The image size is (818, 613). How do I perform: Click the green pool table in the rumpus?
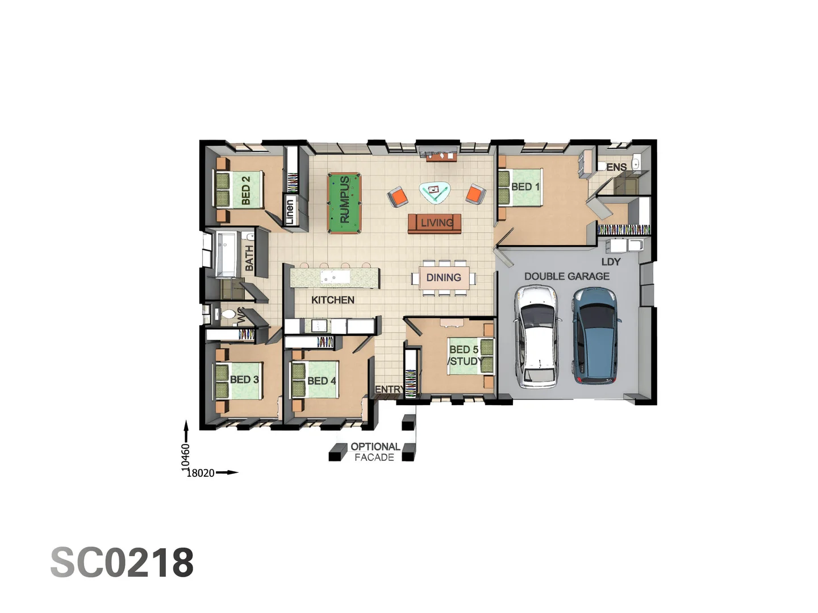tap(344, 203)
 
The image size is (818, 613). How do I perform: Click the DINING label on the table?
tap(444, 278)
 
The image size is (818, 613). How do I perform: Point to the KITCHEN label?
tap(333, 300)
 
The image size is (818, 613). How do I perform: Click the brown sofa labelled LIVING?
tap(435, 223)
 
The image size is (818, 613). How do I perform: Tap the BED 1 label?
tap(525, 187)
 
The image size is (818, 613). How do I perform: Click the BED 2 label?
tap(245, 190)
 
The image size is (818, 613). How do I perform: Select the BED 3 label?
tap(244, 379)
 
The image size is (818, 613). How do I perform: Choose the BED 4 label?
tap(322, 381)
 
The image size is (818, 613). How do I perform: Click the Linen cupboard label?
tap(290, 212)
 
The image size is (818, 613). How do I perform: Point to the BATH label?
tap(249, 258)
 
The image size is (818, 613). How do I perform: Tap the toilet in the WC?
tap(228, 315)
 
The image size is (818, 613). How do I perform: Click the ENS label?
tap(616, 167)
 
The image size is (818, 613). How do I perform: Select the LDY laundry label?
tap(611, 262)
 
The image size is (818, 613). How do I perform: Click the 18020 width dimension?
tap(201, 473)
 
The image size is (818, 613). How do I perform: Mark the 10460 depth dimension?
tap(186, 457)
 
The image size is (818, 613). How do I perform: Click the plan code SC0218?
tap(122, 563)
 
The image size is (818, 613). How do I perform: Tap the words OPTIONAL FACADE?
tap(375, 452)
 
